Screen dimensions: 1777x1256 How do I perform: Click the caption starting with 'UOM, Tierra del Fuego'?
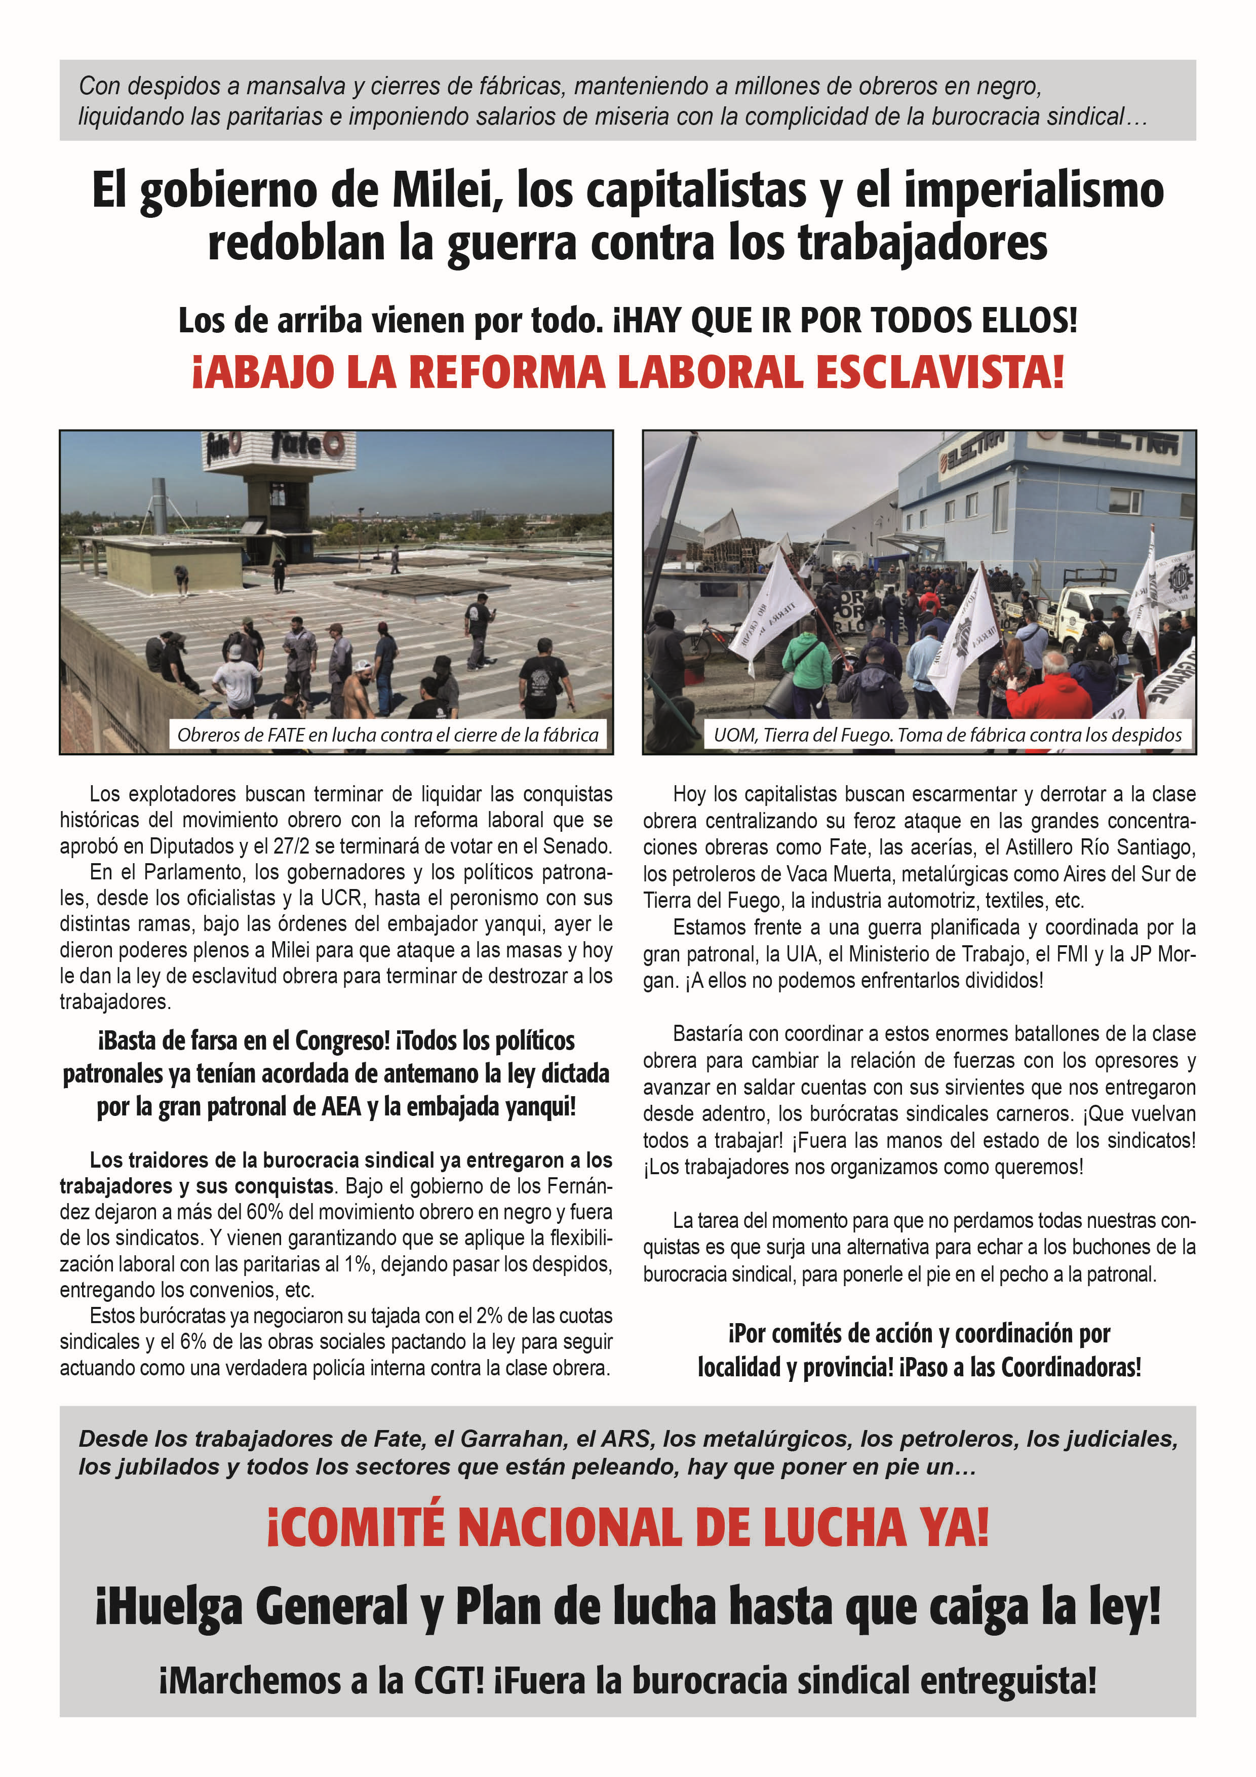click(947, 735)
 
